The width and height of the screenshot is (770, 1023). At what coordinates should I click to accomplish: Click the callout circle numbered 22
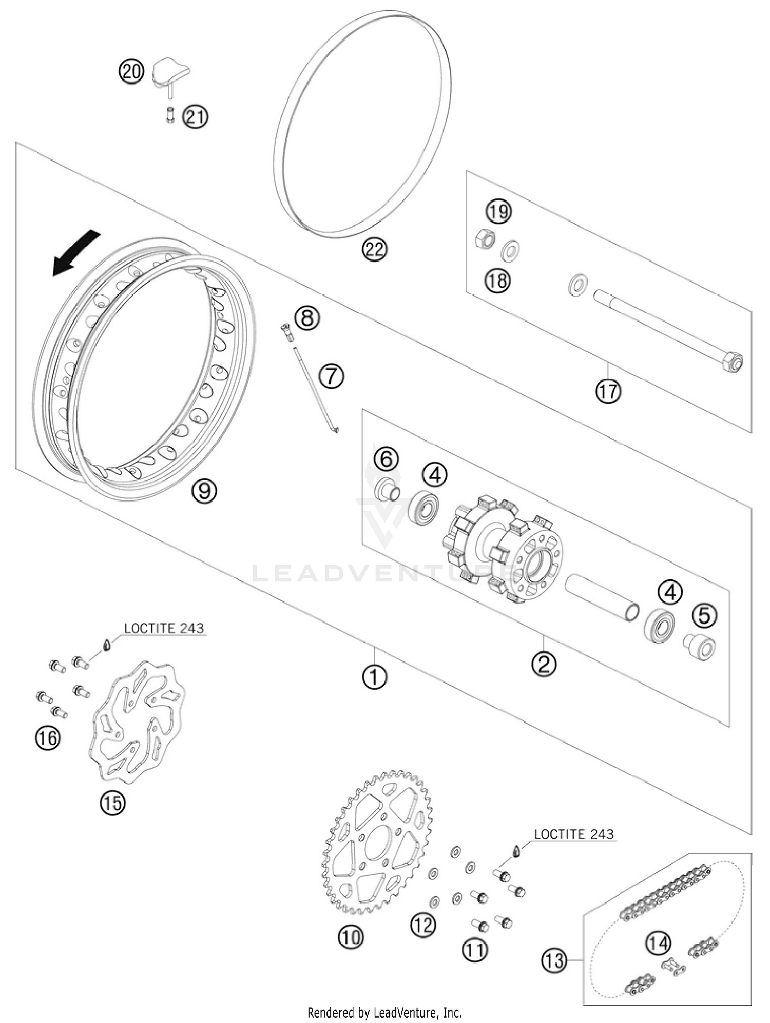[x=374, y=250]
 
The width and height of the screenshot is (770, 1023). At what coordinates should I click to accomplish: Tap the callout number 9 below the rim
[x=204, y=491]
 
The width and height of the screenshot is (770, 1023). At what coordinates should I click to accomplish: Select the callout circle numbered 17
[x=608, y=392]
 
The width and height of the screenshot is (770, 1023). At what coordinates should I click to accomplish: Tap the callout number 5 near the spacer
[x=704, y=615]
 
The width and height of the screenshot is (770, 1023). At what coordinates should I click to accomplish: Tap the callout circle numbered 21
[x=196, y=117]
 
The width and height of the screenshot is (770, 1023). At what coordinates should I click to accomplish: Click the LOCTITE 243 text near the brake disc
[x=164, y=628]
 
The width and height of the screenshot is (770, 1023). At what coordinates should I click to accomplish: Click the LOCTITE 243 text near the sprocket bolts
[x=573, y=834]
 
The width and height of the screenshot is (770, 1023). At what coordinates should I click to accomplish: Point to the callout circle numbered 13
[x=555, y=960]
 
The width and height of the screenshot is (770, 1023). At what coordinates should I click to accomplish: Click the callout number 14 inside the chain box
[x=658, y=942]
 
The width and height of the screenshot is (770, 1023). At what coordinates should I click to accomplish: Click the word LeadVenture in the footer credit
[x=406, y=1013]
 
